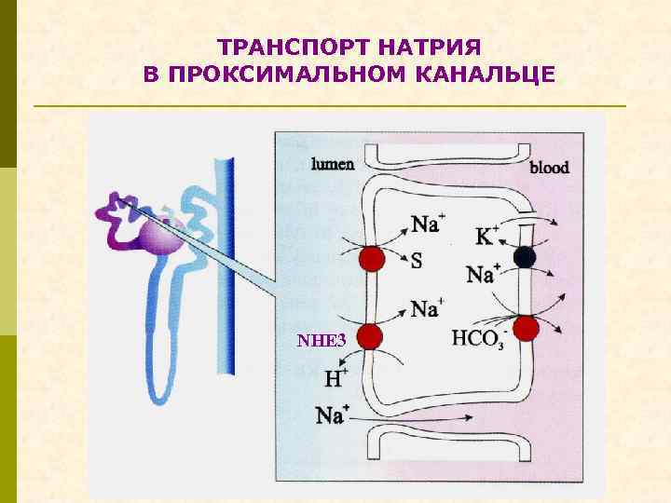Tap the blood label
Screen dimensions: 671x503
[549, 169]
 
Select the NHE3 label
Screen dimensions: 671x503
[322, 341]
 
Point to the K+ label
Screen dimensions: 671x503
[487, 237]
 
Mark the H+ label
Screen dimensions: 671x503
[335, 378]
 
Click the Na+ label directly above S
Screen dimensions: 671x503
[427, 224]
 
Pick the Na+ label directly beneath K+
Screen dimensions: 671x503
[483, 274]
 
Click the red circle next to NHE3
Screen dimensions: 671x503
[371, 335]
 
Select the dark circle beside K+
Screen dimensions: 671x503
[525, 257]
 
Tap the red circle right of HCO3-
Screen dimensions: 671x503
[527, 328]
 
